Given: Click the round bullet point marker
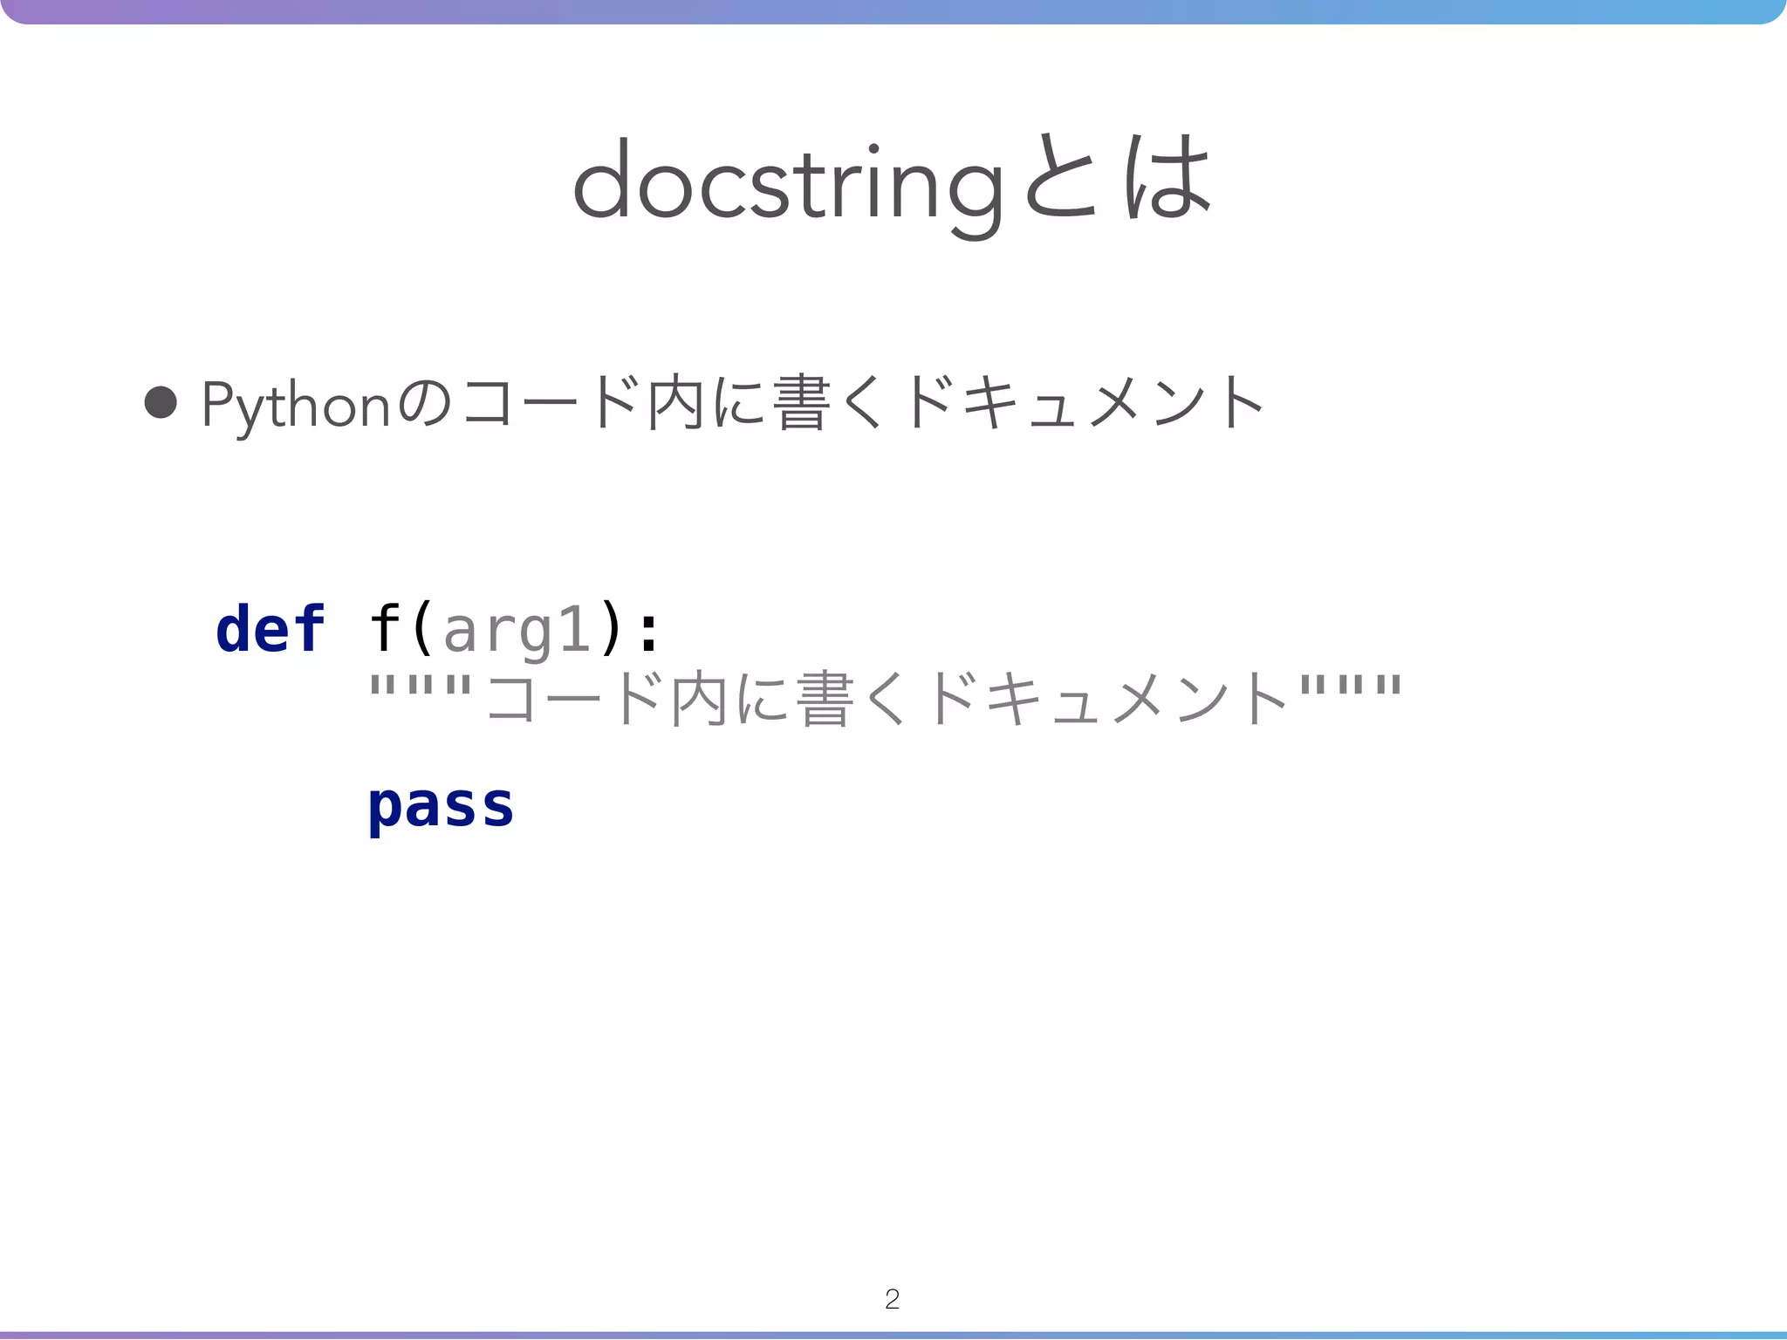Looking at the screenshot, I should click(161, 403).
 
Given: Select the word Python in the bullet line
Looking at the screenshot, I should click(295, 406).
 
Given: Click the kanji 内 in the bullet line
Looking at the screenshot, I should click(675, 403).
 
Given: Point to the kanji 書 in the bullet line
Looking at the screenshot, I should click(800, 403).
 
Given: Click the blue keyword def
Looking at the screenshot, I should click(270, 629).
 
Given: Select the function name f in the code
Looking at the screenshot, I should click(385, 629).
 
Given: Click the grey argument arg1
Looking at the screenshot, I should click(517, 631).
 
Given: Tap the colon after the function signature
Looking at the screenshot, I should click(647, 631).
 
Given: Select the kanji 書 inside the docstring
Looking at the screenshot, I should click(825, 700).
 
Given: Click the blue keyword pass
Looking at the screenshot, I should click(441, 807).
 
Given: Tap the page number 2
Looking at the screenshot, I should click(892, 1299).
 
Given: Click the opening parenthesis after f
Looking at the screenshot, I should click(422, 629).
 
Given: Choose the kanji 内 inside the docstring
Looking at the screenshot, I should click(699, 700).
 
